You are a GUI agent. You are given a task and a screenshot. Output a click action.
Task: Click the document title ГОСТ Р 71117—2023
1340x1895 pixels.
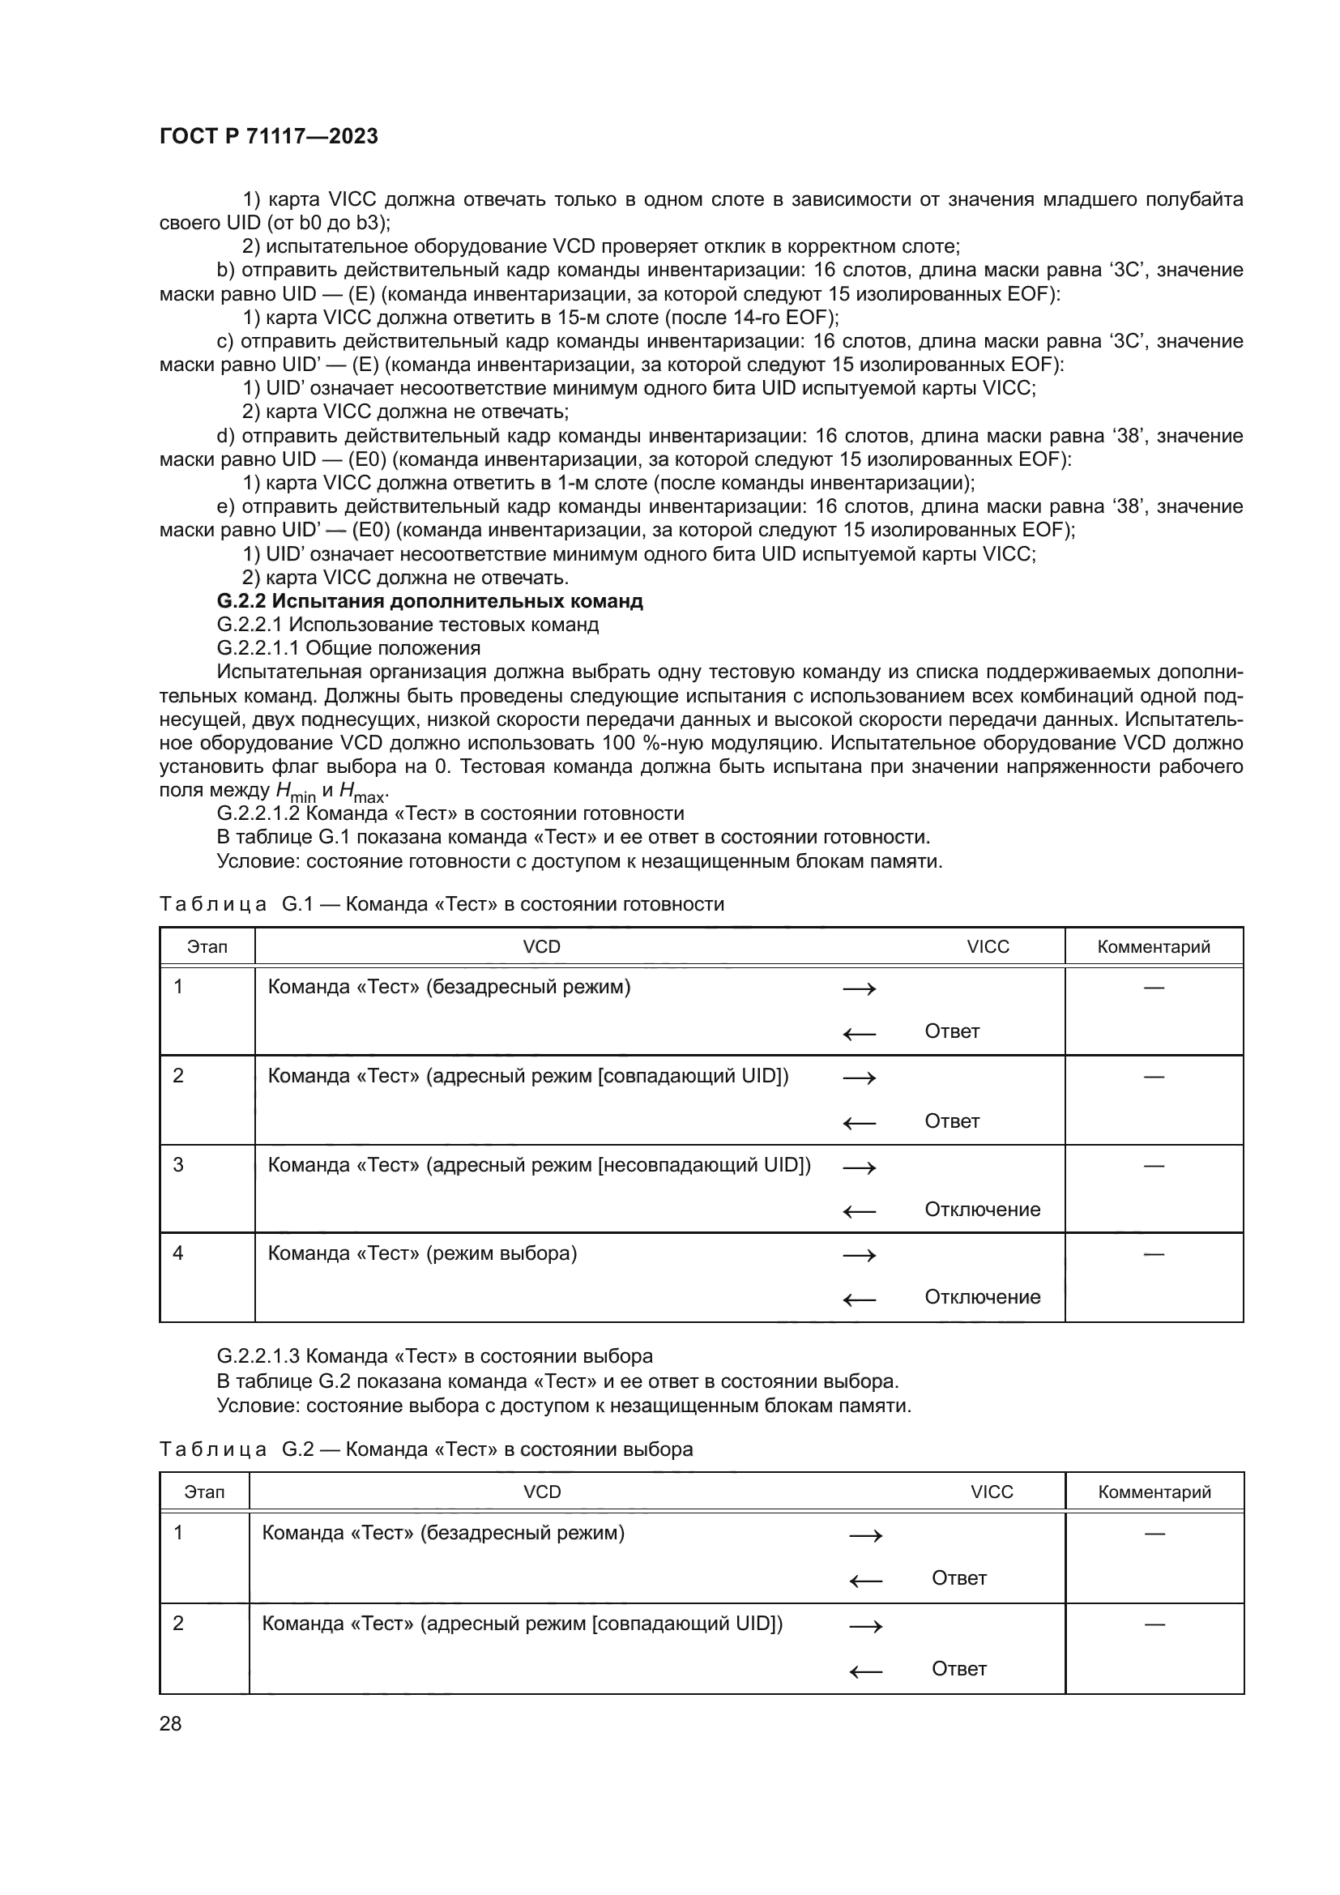tap(269, 136)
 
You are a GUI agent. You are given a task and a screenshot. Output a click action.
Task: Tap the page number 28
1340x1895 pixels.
tap(171, 1723)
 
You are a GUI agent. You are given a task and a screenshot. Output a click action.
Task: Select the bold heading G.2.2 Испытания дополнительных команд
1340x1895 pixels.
tap(429, 601)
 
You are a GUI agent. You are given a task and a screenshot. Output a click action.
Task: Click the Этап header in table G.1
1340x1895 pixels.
tap(207, 946)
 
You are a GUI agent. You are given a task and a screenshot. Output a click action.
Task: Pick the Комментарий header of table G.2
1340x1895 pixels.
tap(1154, 1492)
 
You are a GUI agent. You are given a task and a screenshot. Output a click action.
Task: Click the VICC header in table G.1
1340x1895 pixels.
tap(988, 946)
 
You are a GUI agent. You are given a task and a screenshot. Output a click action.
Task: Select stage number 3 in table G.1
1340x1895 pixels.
tap(178, 1164)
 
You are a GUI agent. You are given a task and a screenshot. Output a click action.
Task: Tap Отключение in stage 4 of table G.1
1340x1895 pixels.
tap(982, 1296)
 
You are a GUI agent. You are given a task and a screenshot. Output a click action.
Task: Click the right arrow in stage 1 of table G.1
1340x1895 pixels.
tap(859, 988)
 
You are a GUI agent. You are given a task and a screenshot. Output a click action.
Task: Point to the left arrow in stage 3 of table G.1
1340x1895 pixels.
tap(859, 1211)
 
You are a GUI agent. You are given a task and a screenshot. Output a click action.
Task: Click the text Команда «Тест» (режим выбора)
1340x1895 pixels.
tap(422, 1253)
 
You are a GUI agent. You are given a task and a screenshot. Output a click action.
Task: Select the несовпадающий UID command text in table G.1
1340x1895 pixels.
tap(540, 1164)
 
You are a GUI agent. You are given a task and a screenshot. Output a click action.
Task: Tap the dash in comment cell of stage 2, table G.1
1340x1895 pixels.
tap(1154, 1076)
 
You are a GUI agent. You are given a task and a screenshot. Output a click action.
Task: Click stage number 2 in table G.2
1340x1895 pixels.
tap(178, 1624)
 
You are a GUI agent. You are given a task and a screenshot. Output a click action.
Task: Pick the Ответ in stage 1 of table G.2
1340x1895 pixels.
tap(958, 1578)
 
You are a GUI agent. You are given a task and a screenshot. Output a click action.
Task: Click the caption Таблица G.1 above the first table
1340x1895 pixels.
tap(442, 904)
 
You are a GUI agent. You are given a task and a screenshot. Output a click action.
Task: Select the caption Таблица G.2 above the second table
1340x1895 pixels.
tap(426, 1449)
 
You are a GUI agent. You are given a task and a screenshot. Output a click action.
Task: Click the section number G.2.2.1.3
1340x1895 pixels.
tap(258, 1356)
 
